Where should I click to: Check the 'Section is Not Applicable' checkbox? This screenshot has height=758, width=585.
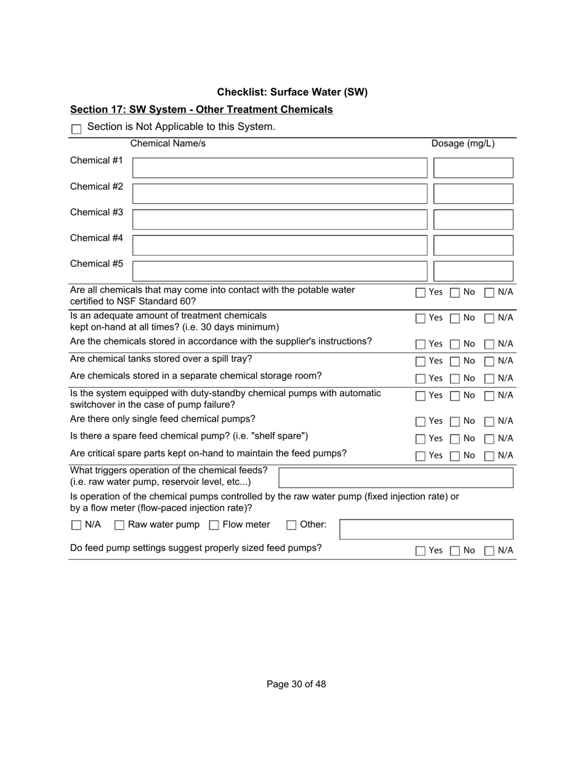(x=76, y=129)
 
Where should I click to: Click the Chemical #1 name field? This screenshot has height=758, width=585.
(x=280, y=168)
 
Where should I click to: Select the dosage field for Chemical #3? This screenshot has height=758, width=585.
(x=473, y=219)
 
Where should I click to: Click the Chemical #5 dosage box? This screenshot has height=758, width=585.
(x=473, y=271)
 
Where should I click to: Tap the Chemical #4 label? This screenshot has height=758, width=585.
(x=97, y=238)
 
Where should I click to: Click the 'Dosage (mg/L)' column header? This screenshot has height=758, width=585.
(x=462, y=144)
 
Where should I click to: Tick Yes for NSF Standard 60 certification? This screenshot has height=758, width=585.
(x=421, y=293)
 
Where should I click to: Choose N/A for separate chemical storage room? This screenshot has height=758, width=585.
(x=490, y=378)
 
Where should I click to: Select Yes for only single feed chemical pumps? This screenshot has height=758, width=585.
(x=421, y=422)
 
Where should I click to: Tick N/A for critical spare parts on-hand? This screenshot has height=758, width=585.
(x=490, y=456)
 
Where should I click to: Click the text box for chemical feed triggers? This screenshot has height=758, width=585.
(x=396, y=478)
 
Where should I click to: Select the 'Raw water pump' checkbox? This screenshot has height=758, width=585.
(x=119, y=526)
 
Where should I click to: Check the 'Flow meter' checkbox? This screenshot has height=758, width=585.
(x=214, y=526)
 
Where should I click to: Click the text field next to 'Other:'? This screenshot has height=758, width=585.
(x=426, y=529)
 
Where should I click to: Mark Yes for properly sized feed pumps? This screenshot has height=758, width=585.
(x=421, y=551)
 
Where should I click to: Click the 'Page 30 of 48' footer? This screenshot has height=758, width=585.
(x=296, y=684)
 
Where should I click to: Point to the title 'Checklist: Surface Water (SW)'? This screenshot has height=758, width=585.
(x=292, y=92)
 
